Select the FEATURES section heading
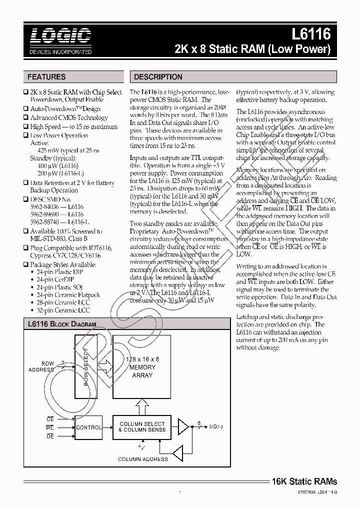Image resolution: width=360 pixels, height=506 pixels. click(46, 77)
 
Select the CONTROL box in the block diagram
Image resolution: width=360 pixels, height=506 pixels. click(88, 427)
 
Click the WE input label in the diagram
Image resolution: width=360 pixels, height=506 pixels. click(50, 427)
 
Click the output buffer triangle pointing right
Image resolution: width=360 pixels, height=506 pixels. click(183, 426)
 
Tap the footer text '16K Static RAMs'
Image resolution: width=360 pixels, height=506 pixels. click(304, 481)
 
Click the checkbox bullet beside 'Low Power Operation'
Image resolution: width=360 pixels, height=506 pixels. click(26, 135)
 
